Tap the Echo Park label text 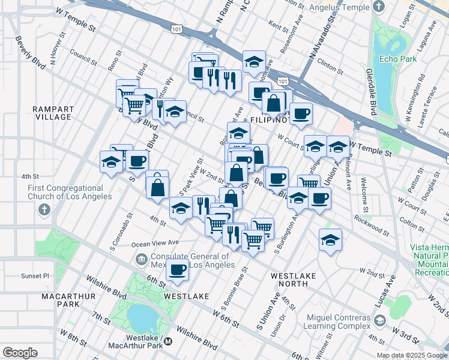pyautogui.click(x=394, y=59)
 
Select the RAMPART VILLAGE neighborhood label pyautogui.click(x=54, y=113)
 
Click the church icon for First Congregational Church pyautogui.click(x=43, y=210)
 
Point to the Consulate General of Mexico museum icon pyautogui.click(x=140, y=259)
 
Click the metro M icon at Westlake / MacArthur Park pyautogui.click(x=168, y=341)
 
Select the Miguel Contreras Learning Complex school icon pyautogui.click(x=379, y=320)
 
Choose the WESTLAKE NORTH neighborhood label pyautogui.click(x=293, y=280)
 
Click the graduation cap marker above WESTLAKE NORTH pyautogui.click(x=330, y=240)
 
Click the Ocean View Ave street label pyautogui.click(x=155, y=244)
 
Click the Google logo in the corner pyautogui.click(x=20, y=352)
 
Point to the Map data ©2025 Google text pyautogui.click(x=411, y=355)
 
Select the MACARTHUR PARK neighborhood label pyautogui.click(x=59, y=300)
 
